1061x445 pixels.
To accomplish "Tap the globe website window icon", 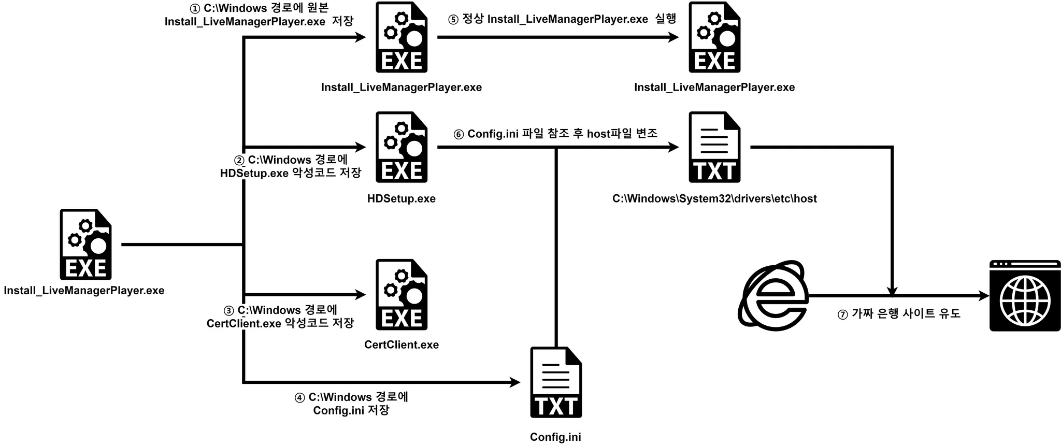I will point(1025,296).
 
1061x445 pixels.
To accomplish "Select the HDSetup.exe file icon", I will point(402,147).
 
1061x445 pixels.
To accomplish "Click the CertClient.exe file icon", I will point(402,295).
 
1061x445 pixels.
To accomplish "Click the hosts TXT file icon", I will point(714,147).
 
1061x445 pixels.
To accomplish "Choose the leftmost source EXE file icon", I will point(85,245).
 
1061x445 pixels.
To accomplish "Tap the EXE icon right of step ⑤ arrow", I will point(714,37).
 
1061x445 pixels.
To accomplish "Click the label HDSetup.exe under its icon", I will point(402,198).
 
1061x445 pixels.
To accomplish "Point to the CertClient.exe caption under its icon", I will point(402,344).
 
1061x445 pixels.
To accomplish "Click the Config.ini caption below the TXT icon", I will point(555,437).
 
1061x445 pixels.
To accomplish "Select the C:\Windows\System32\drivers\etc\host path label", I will point(714,198).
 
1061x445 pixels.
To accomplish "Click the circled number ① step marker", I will point(195,9).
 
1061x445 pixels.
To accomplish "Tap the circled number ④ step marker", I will point(299,398).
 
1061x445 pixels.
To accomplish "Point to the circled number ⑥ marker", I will point(458,135).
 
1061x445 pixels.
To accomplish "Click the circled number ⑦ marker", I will point(842,314).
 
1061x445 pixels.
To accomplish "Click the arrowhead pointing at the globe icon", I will point(984,296).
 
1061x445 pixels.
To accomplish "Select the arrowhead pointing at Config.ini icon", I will point(515,382).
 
